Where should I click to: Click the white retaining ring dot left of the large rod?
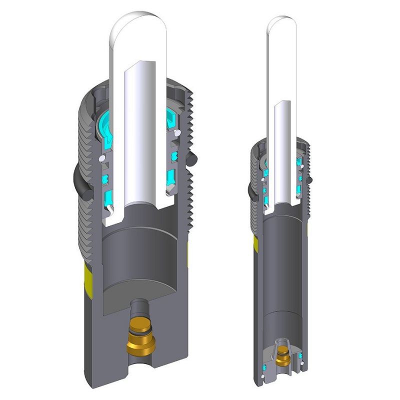point(102,157)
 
